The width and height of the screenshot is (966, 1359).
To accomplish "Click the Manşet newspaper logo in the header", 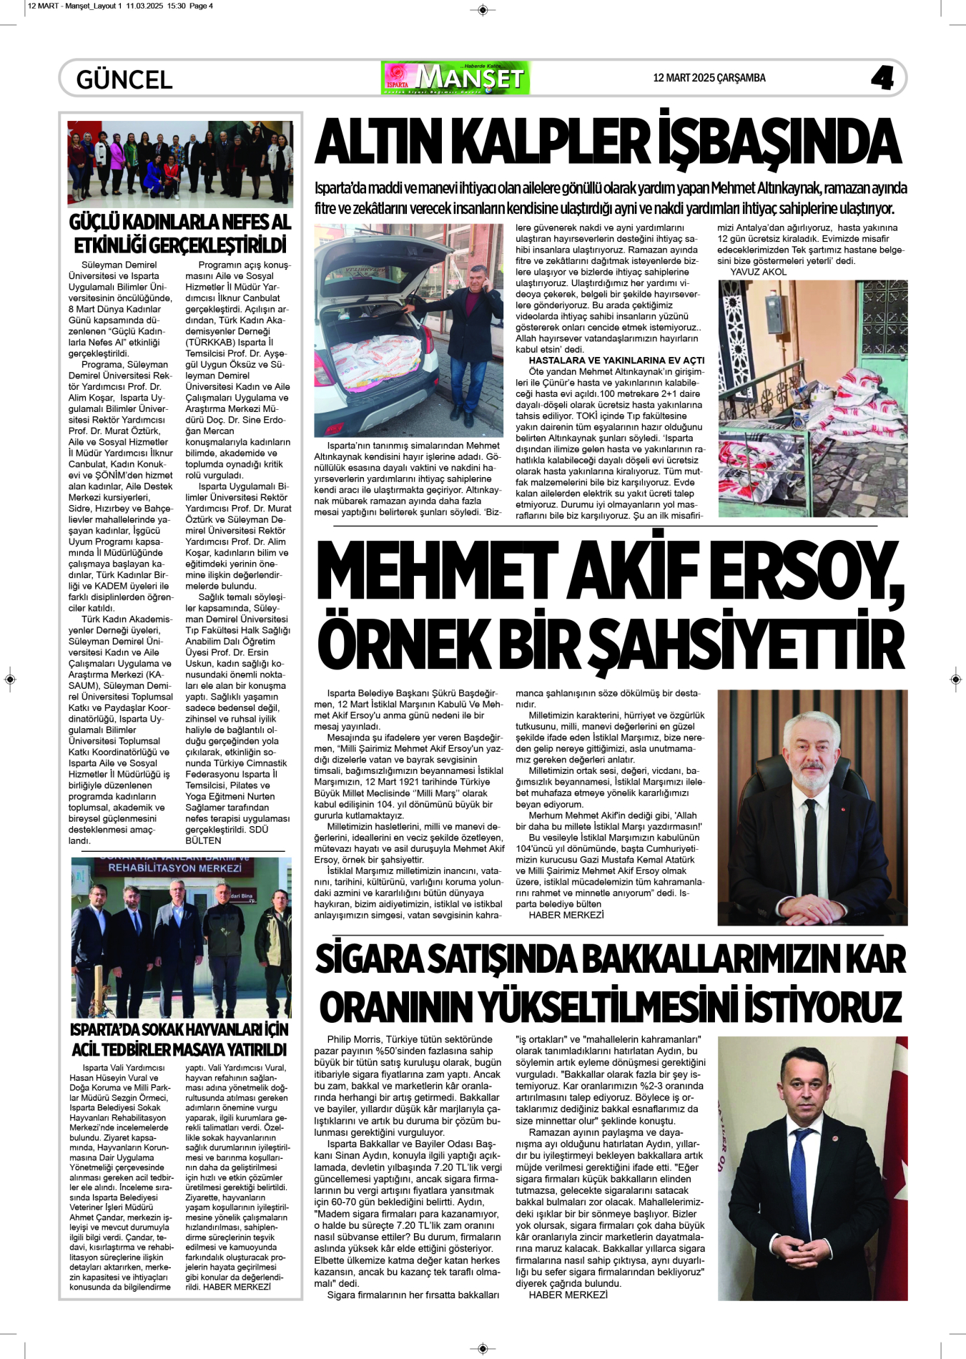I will (x=455, y=78).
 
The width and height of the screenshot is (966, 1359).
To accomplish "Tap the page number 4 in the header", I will (x=882, y=78).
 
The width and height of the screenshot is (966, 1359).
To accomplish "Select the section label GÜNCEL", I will (x=124, y=79).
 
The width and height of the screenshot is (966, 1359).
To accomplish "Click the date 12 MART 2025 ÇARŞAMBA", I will (x=709, y=78).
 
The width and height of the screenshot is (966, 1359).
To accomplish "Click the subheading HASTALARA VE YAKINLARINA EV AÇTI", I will (x=616, y=360).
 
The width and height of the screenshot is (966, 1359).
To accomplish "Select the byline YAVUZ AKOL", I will (x=758, y=272).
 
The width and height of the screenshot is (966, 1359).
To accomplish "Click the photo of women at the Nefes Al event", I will (x=180, y=164).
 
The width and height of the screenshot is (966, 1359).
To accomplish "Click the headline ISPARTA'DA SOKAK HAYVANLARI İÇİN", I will (x=179, y=1030).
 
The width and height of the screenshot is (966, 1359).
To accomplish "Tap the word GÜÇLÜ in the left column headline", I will (x=99, y=222).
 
